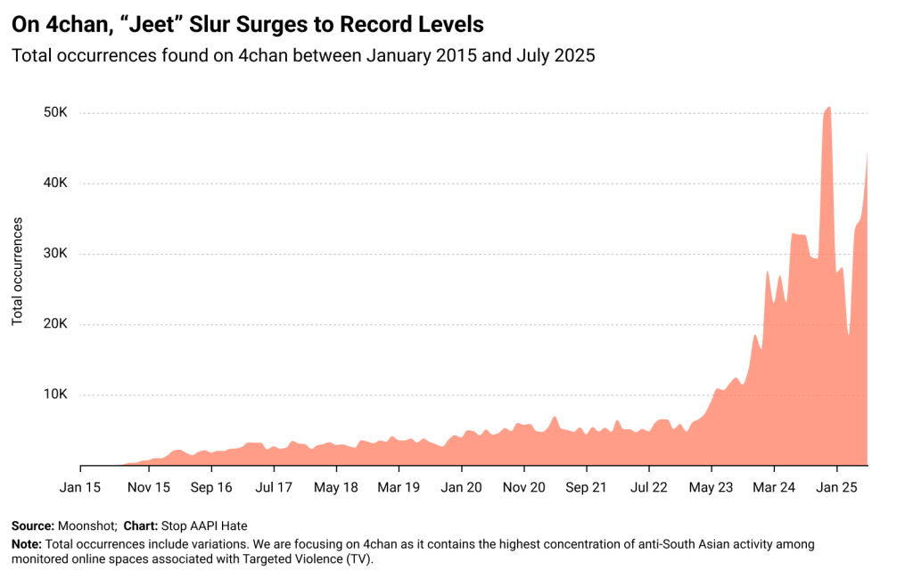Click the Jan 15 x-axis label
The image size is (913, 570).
[81, 487]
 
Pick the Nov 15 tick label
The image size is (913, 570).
[148, 487]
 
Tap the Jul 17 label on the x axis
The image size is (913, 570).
[274, 487]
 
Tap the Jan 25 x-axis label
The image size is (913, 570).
[837, 487]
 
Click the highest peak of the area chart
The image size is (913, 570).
[829, 108]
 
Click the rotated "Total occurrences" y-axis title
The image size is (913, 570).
[18, 271]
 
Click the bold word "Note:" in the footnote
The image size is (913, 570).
[27, 543]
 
